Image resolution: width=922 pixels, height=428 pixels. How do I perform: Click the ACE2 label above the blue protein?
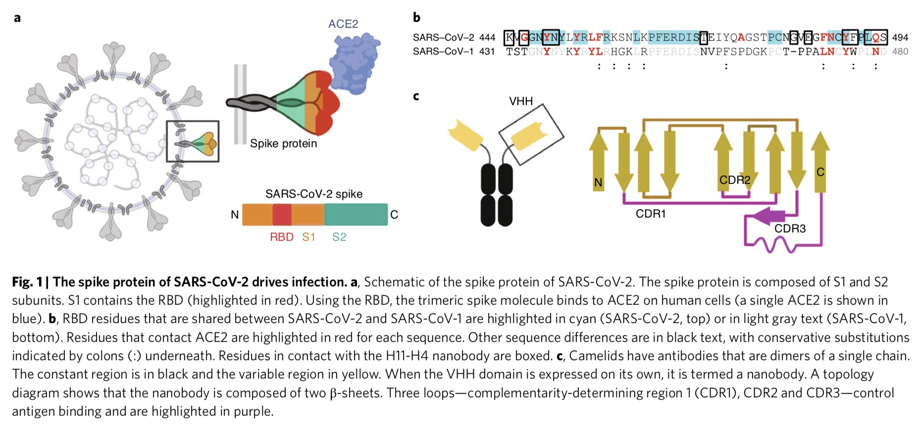point(343,24)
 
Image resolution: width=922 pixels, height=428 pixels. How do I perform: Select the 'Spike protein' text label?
point(283,144)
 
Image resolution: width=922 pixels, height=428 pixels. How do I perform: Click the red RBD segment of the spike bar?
point(281,215)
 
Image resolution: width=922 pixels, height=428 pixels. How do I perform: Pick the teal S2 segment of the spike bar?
point(356,215)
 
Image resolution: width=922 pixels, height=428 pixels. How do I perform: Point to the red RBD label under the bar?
point(281,237)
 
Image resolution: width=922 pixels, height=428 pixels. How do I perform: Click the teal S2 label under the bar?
point(339,237)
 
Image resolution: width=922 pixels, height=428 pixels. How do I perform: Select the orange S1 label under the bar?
point(308,237)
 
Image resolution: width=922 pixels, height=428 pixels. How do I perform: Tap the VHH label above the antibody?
point(521,102)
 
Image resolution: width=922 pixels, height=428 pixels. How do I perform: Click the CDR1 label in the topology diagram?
point(651,214)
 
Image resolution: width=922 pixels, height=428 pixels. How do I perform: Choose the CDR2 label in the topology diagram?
point(735,180)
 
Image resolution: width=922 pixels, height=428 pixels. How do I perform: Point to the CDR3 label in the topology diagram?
point(790,229)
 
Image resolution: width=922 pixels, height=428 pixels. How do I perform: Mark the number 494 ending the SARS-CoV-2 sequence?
point(900,38)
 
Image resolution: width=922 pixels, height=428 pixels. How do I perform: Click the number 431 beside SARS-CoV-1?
point(487,52)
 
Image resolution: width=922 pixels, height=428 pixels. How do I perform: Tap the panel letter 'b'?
point(416,18)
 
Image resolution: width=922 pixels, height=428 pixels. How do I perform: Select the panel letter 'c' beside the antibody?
point(416,96)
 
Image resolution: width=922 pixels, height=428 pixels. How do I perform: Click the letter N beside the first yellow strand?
point(598,183)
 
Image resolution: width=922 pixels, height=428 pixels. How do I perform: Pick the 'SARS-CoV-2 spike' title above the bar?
point(314,194)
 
